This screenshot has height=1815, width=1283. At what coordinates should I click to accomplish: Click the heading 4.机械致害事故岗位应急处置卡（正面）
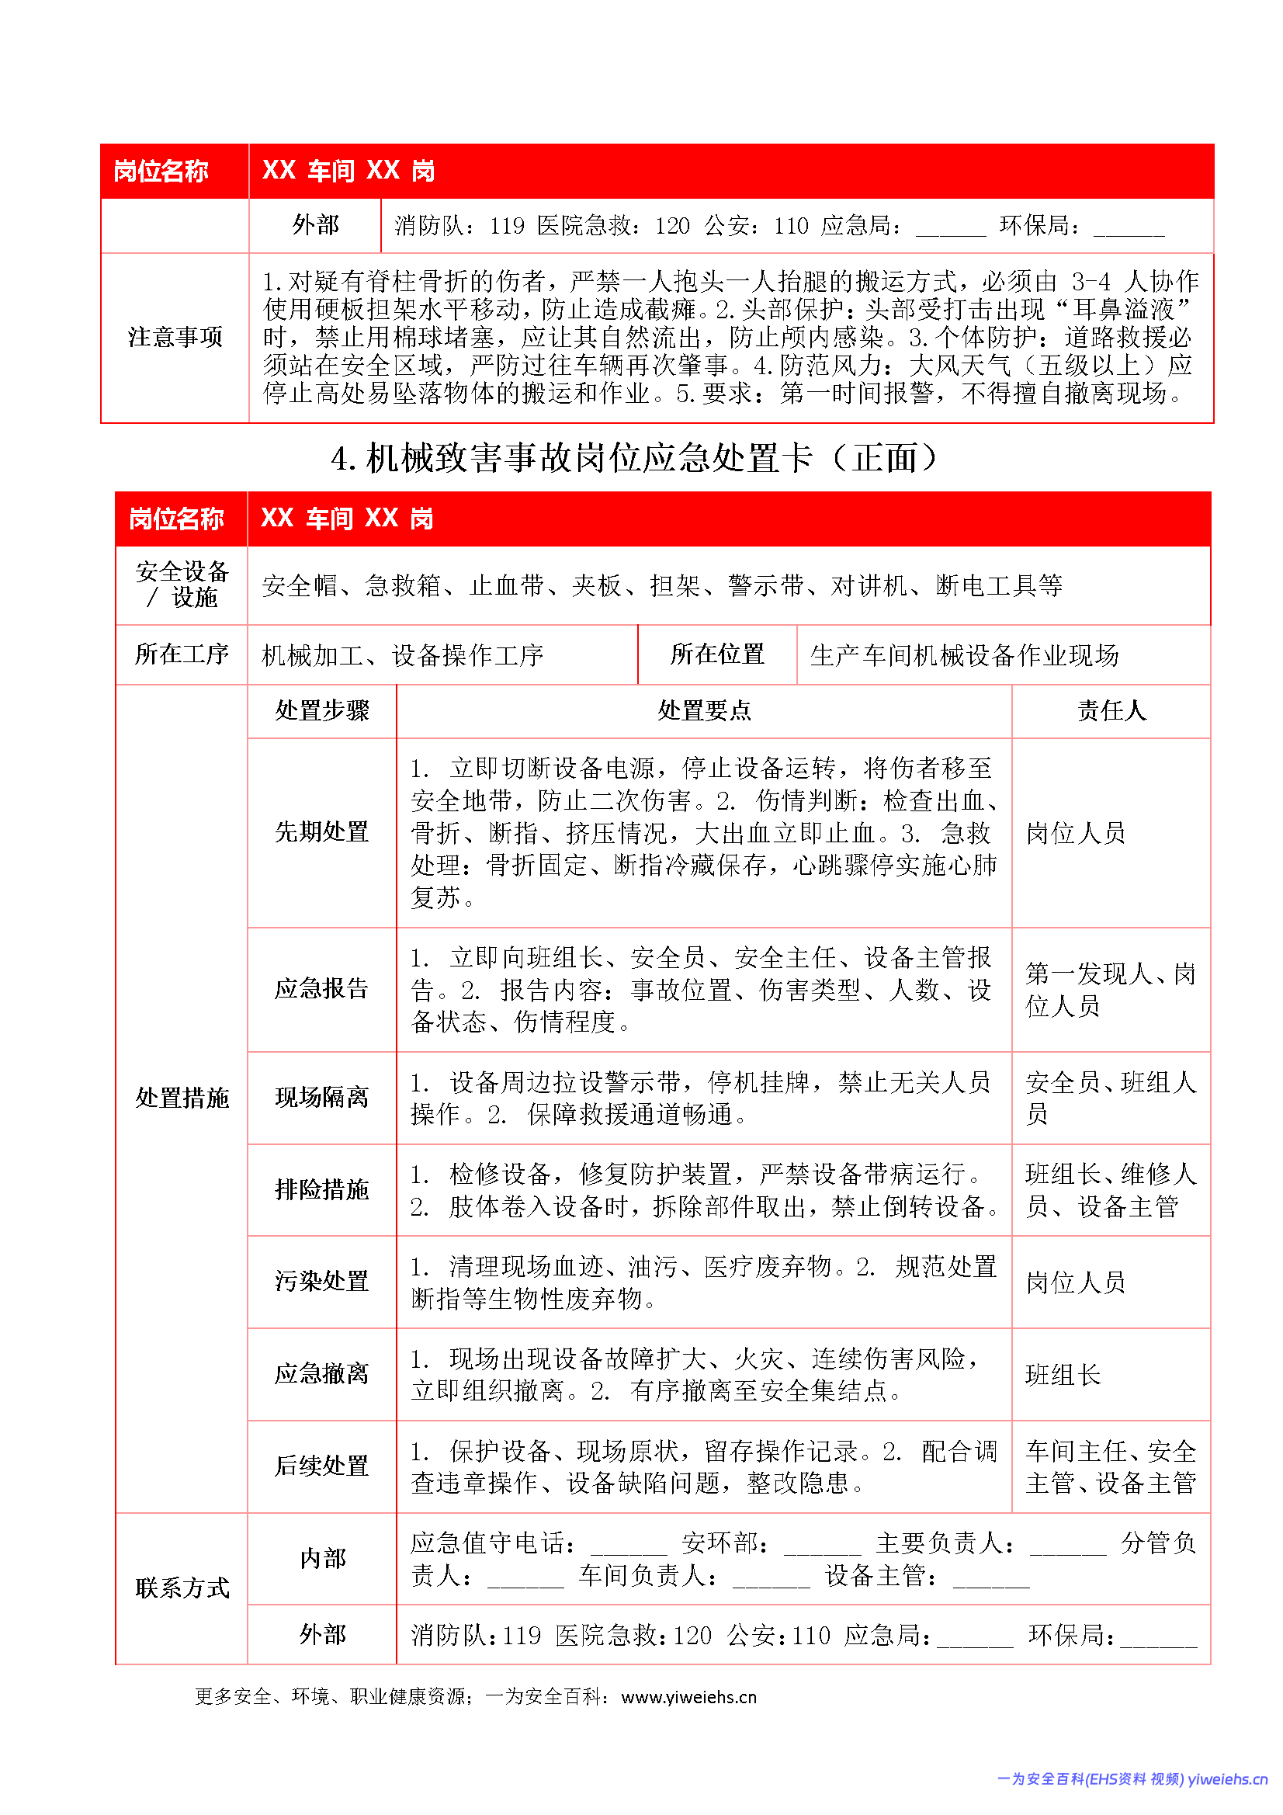[634, 459]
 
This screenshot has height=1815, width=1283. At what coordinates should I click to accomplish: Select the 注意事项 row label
[175, 338]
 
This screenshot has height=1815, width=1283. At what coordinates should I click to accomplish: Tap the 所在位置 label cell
[717, 654]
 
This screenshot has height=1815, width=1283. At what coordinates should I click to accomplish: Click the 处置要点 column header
[703, 710]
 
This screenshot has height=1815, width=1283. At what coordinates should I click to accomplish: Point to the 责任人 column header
[1111, 710]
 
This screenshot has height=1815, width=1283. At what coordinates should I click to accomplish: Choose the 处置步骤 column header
[322, 710]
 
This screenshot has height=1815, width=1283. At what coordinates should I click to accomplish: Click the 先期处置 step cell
[322, 831]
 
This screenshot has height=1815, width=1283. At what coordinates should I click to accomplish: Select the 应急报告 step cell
[322, 988]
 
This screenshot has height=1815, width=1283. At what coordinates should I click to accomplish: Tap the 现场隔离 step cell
[322, 1097]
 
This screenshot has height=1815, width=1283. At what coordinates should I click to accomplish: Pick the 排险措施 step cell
[322, 1190]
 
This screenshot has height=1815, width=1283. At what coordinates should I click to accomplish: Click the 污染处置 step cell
[322, 1282]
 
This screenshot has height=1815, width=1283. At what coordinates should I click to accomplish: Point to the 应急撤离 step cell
[322, 1374]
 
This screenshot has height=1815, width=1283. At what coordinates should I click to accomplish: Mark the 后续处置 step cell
[322, 1466]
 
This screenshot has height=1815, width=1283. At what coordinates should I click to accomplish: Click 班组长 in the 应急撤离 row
[1063, 1376]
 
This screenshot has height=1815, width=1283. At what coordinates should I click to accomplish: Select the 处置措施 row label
[182, 1098]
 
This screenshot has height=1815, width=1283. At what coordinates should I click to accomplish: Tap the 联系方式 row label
[182, 1588]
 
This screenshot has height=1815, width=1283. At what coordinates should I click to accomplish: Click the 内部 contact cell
[322, 1559]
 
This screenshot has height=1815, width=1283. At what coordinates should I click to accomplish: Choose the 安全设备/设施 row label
[182, 585]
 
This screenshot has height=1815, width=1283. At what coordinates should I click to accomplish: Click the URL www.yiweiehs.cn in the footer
[688, 1697]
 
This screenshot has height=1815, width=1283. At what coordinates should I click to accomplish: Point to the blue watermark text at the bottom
[1131, 1779]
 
